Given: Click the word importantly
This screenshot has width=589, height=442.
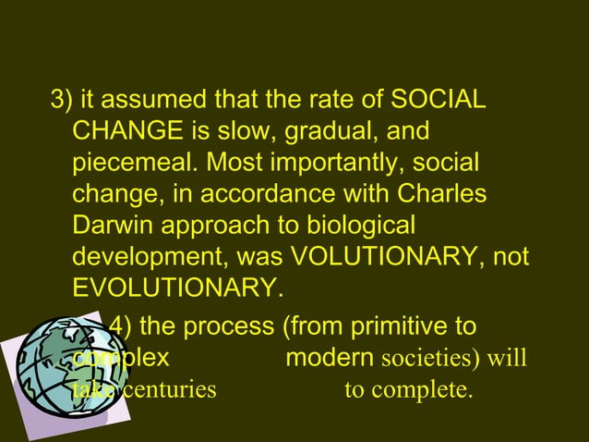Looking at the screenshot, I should tap(319, 165).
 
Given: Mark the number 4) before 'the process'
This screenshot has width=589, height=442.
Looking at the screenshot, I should tap(120, 326).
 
